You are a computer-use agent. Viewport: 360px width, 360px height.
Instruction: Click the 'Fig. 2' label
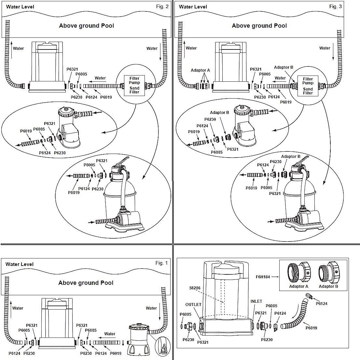[162, 7]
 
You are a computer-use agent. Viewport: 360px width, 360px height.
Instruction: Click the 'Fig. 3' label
[335, 7]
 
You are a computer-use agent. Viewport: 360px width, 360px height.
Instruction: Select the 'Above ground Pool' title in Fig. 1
[86, 283]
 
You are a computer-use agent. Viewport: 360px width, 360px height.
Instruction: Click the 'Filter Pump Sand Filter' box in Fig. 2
[134, 85]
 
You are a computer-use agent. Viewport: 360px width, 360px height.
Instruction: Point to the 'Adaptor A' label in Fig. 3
[200, 70]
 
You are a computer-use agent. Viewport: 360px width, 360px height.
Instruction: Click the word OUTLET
[193, 305]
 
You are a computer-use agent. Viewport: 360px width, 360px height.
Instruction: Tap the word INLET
[256, 301]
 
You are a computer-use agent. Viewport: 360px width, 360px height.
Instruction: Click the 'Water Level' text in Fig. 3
[192, 7]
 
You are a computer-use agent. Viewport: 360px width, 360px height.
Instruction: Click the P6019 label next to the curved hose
[311, 328]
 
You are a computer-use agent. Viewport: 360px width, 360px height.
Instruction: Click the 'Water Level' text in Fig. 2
[20, 7]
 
